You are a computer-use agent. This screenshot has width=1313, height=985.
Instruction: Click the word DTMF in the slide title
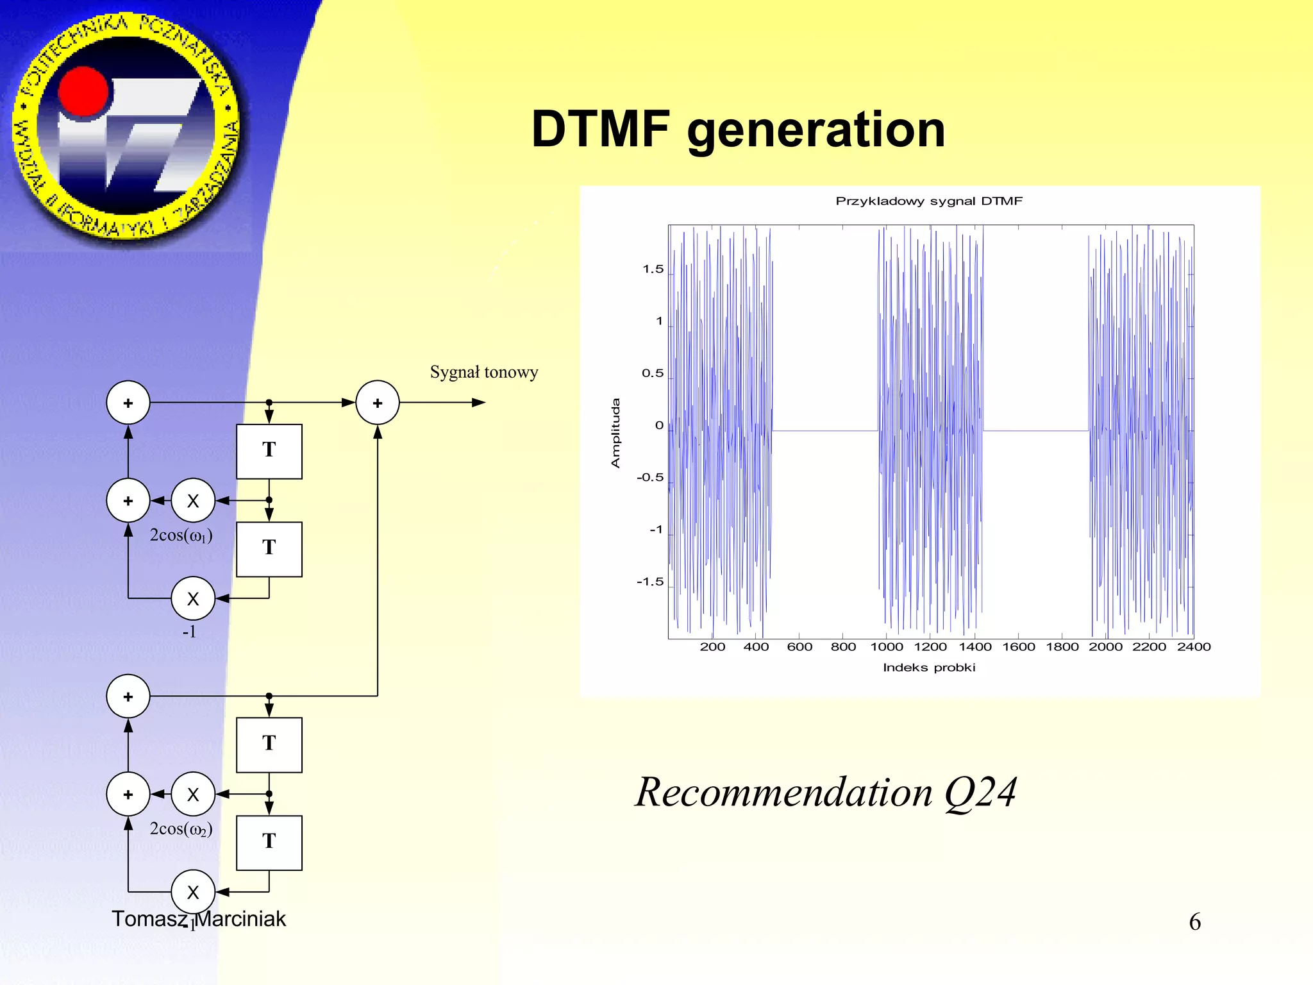click(x=600, y=129)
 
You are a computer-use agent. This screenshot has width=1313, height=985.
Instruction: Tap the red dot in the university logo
click(x=84, y=92)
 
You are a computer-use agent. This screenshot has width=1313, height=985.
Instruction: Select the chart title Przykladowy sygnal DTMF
click(x=928, y=201)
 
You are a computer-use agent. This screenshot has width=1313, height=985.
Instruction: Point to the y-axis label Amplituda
click(x=615, y=433)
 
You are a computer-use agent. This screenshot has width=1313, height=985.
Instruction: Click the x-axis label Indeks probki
click(x=928, y=668)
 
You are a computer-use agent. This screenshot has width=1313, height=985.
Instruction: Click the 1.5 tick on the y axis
click(x=653, y=269)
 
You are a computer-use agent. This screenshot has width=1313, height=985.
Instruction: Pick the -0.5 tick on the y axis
click(x=649, y=478)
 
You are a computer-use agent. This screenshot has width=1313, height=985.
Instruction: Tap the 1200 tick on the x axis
click(x=930, y=647)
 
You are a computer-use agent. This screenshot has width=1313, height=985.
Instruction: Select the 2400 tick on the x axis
click(x=1193, y=647)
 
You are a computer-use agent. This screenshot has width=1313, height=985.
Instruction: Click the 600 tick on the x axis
click(x=799, y=647)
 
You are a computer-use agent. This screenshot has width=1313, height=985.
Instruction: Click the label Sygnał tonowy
click(x=483, y=373)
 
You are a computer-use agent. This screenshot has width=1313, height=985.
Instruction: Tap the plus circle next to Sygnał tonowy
click(x=378, y=403)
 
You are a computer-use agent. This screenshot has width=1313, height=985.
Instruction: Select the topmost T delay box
click(x=269, y=451)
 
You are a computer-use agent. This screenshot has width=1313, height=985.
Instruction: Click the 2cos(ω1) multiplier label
click(x=181, y=535)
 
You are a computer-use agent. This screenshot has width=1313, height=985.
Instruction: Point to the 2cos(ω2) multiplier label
click(x=181, y=829)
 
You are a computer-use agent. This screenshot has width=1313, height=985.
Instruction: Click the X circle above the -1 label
click(x=193, y=598)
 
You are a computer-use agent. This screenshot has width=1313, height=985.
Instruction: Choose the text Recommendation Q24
click(x=826, y=793)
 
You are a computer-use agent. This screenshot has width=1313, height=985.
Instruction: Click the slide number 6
click(x=1194, y=922)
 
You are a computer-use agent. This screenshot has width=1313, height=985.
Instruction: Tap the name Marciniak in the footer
click(x=240, y=919)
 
